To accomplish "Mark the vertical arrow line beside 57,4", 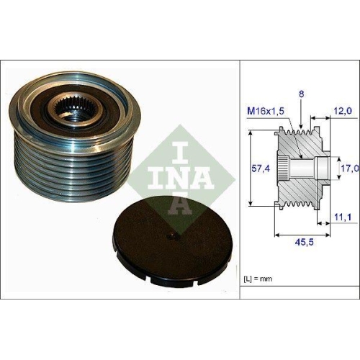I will pyautogui.click(x=249, y=170).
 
